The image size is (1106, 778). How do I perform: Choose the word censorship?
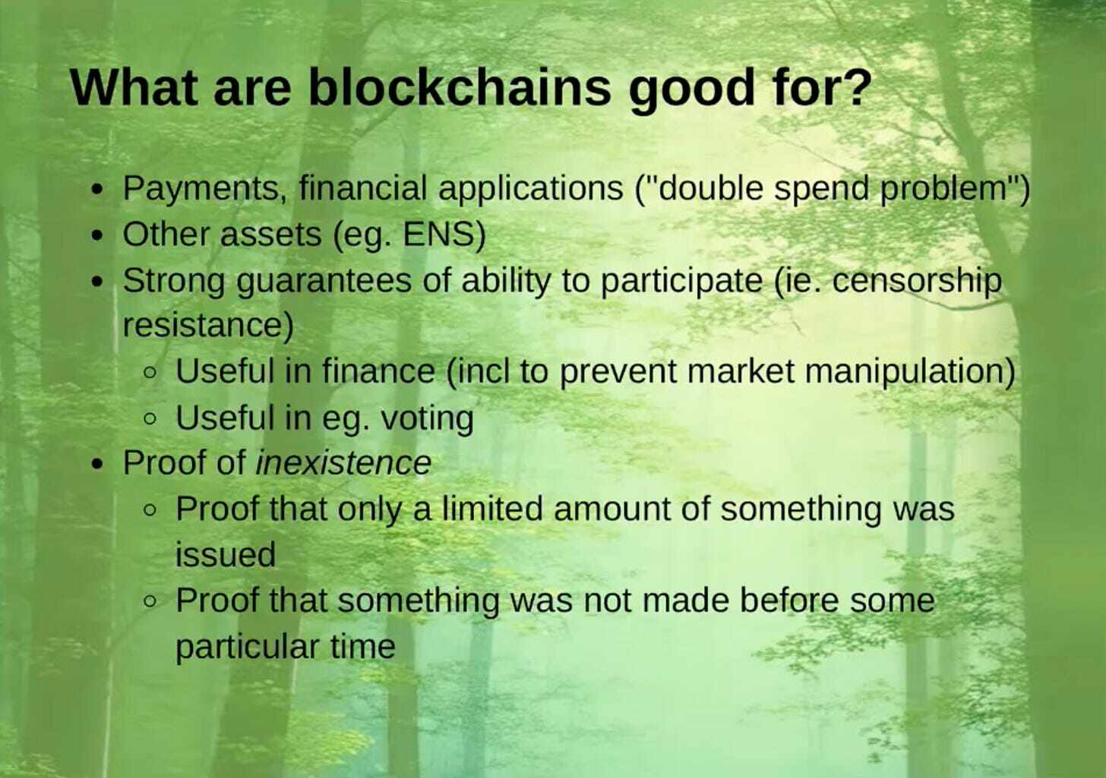(x=917, y=281)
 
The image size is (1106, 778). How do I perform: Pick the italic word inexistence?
(x=343, y=463)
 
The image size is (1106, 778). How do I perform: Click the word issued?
(x=225, y=555)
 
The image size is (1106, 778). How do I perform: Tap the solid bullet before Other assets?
(x=96, y=236)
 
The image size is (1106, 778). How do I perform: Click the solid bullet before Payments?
(x=96, y=190)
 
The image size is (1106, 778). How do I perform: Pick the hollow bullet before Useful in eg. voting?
(x=151, y=419)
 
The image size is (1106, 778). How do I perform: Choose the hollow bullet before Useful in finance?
(x=151, y=373)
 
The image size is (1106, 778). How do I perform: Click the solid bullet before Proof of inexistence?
(x=96, y=465)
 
